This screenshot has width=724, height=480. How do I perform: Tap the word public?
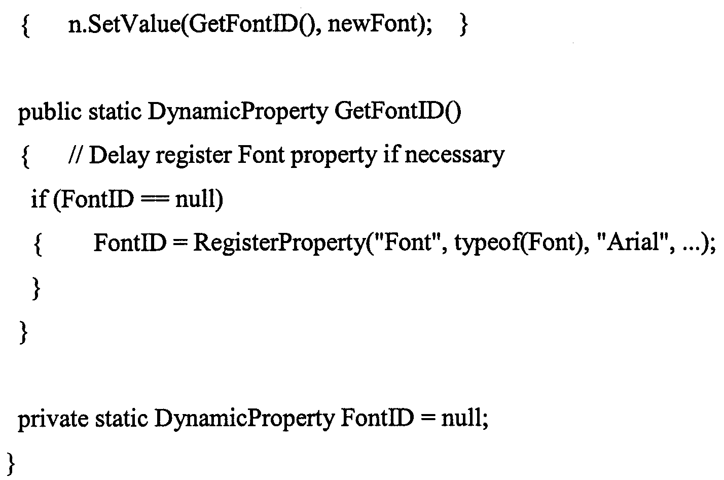pos(50,112)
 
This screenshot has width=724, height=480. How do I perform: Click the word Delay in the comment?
pos(119,156)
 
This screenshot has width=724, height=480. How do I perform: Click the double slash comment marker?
pos(76,155)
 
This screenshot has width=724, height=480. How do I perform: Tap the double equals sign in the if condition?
pos(155,199)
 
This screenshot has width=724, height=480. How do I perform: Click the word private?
pos(53,420)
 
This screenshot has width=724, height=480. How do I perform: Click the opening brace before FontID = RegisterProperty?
pos(38,245)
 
